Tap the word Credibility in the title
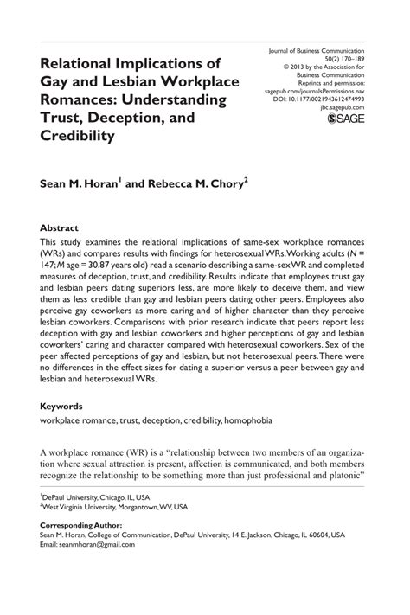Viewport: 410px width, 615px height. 80,136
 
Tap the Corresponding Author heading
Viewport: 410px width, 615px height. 81,525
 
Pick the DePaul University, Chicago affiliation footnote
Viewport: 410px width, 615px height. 95,498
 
